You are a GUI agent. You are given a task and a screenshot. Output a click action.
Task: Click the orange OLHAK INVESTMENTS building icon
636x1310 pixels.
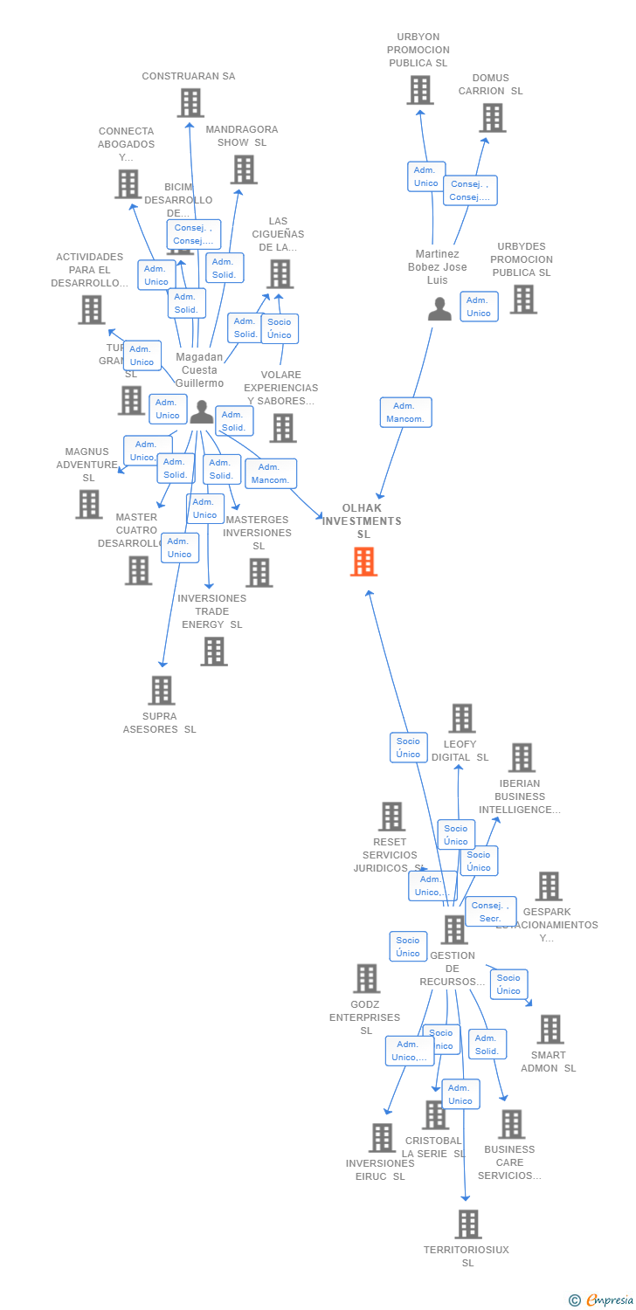pyautogui.click(x=363, y=562)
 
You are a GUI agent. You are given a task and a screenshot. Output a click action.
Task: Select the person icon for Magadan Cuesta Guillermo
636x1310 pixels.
pyautogui.click(x=202, y=412)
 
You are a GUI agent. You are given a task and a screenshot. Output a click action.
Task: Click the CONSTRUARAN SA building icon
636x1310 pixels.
pyautogui.click(x=190, y=103)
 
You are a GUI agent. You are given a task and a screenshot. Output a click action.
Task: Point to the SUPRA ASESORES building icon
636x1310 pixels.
pyautogui.click(x=161, y=690)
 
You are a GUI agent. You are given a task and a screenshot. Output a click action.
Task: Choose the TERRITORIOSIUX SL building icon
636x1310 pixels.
pyautogui.click(x=468, y=1224)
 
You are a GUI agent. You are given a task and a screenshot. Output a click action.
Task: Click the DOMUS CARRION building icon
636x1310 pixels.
pyautogui.click(x=492, y=118)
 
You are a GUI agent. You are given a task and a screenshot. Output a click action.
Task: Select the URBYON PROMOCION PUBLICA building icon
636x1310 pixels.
pyautogui.click(x=419, y=90)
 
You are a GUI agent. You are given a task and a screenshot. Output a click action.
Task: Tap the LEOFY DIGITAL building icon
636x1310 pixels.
pyautogui.click(x=461, y=719)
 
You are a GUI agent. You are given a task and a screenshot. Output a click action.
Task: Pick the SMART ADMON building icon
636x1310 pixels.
pyautogui.click(x=550, y=1030)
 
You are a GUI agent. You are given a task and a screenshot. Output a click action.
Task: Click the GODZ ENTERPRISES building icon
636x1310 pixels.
pyautogui.click(x=366, y=979)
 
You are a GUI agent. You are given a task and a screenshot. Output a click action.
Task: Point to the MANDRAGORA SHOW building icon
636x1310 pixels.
pyautogui.click(x=244, y=169)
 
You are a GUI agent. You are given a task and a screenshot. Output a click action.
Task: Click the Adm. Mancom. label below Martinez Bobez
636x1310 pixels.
pyautogui.click(x=406, y=412)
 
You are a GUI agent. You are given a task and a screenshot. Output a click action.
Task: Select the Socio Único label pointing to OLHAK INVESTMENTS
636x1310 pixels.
pyautogui.click(x=408, y=748)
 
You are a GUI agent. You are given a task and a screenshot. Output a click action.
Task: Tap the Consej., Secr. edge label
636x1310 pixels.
pyautogui.click(x=490, y=912)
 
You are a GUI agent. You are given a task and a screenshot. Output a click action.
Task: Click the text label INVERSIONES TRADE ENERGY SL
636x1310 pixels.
pyautogui.click(x=211, y=611)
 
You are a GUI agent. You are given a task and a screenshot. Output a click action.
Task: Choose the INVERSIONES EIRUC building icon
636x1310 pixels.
pyautogui.click(x=382, y=1138)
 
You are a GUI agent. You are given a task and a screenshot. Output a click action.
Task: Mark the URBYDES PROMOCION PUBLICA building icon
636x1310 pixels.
pyautogui.click(x=522, y=300)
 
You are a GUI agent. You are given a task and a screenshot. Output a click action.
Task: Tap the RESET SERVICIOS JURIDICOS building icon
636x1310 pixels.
pyautogui.click(x=391, y=817)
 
